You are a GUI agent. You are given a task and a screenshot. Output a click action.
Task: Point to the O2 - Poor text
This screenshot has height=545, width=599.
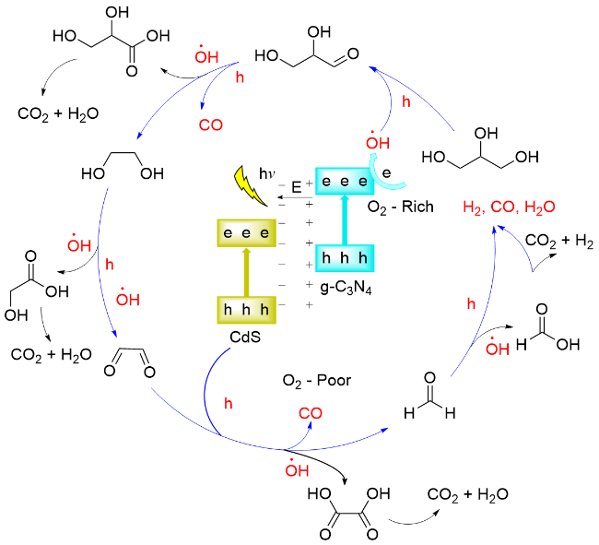click(x=317, y=381)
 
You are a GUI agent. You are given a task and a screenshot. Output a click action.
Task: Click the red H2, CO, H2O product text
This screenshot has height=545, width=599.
click(x=509, y=208)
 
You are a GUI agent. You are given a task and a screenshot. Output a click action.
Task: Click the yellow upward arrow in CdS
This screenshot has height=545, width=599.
click(x=245, y=272)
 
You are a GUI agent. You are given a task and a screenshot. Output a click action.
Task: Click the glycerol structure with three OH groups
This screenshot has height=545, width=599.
click(x=480, y=148)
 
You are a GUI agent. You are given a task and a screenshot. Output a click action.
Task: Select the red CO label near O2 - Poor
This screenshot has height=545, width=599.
click(x=310, y=414)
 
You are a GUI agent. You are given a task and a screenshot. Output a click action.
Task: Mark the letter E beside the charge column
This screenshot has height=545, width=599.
click(x=297, y=187)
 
